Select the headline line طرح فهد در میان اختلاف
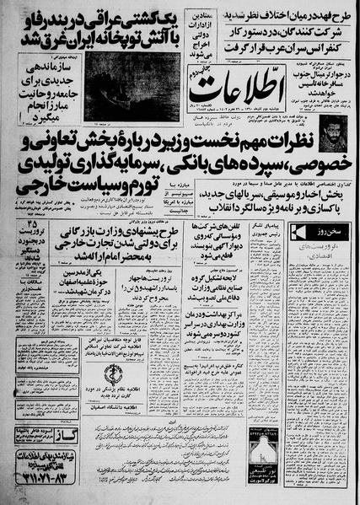[282, 11]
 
